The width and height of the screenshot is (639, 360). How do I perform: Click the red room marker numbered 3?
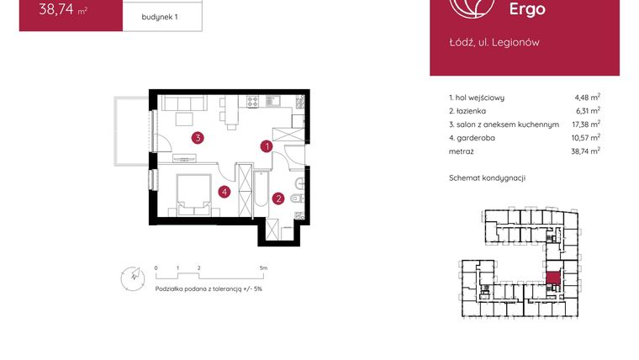click(196, 138)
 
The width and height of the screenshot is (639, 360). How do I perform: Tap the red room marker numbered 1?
click(267, 146)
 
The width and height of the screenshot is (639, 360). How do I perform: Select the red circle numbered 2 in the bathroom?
click(277, 199)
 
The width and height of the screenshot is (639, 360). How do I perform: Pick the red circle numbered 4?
click(224, 192)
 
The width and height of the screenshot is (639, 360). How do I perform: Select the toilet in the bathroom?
click(298, 199)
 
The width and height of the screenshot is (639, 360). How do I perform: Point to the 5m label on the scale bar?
click(264, 267)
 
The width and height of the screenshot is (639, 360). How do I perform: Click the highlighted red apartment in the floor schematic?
click(553, 279)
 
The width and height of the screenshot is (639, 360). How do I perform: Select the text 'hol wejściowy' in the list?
click(480, 98)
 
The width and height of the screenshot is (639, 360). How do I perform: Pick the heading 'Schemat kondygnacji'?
click(488, 178)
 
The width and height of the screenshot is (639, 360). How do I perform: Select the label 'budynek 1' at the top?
click(161, 16)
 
